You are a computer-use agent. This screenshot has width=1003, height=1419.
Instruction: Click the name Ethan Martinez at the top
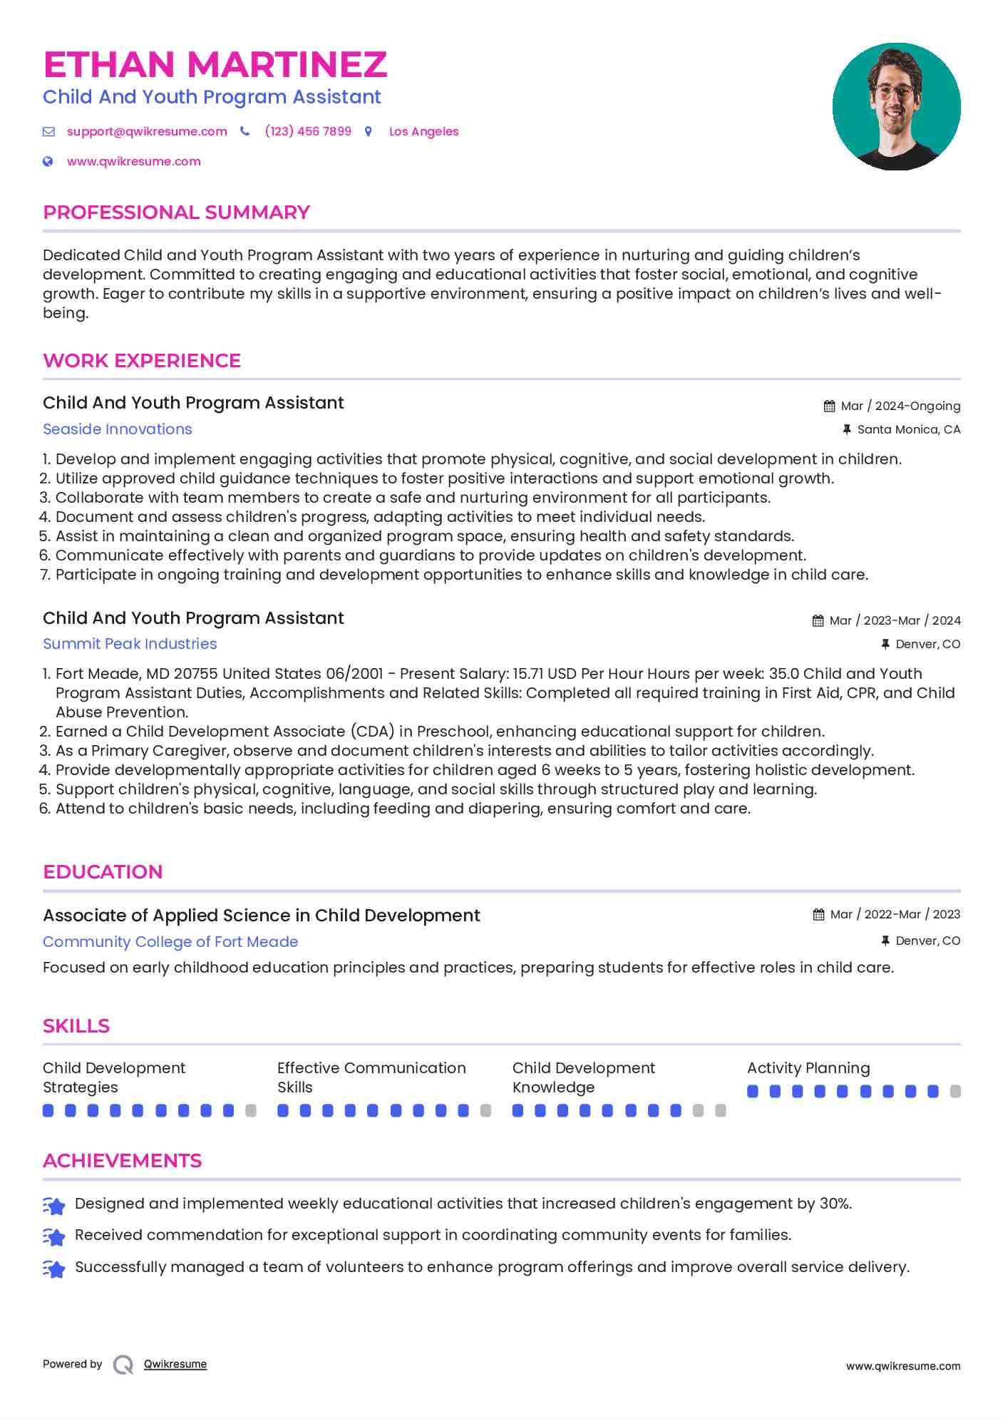215,65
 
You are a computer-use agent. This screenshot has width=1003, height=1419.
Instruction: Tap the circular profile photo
896,107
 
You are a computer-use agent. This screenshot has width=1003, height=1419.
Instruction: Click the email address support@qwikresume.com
147,132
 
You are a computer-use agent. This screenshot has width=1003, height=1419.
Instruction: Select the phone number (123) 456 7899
308,132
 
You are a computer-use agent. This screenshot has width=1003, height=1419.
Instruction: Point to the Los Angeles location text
423,132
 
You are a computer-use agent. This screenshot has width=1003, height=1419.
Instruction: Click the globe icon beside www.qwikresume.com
48,162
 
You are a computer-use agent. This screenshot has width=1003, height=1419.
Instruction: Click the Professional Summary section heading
176,212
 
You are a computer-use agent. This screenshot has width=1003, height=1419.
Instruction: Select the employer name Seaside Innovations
118,429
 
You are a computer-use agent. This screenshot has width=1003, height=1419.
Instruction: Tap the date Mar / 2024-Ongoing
900,406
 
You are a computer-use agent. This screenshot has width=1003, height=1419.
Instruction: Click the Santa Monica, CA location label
908,430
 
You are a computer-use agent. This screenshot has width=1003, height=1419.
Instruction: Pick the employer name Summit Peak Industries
130,644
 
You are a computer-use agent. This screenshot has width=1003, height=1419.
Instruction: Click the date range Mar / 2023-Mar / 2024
895,621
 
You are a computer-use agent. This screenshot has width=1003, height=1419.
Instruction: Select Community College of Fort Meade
170,942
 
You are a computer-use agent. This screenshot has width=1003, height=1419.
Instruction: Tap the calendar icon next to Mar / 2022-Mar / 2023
818,915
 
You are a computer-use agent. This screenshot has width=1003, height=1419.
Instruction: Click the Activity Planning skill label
808,1068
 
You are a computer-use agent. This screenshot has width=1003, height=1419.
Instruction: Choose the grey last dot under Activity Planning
955,1092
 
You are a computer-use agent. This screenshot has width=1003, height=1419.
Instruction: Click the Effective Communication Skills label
371,1077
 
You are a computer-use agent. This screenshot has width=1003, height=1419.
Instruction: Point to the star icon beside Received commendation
54,1236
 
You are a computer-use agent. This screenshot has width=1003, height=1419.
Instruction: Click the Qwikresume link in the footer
175,1364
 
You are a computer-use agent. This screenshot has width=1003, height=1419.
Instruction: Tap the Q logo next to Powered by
123,1365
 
